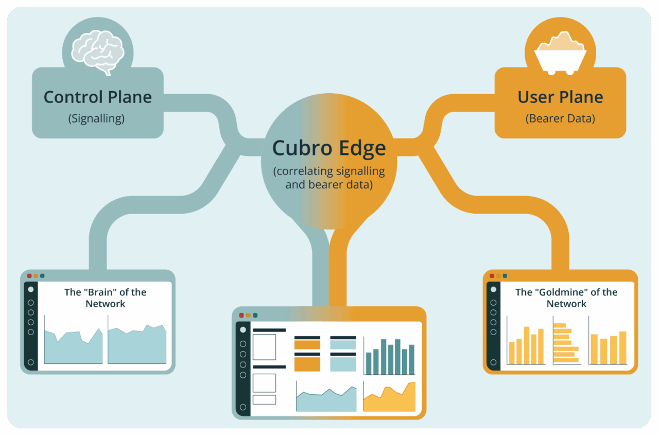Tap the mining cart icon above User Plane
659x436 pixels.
[560, 51]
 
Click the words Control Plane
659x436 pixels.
[98, 97]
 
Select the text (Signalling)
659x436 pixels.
[96, 118]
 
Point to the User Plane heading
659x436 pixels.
[560, 97]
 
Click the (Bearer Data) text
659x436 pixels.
[560, 118]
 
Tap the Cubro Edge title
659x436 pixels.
[329, 148]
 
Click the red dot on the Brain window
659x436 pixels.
[29, 276]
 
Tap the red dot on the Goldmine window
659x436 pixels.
[492, 276]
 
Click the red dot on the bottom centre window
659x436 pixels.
[241, 315]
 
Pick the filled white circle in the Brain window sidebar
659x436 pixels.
[31, 289]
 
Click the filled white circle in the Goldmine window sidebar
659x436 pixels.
[494, 289]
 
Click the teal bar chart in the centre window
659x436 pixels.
[389, 356]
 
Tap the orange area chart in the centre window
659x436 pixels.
[389, 397]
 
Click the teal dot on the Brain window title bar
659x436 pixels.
[42, 276]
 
